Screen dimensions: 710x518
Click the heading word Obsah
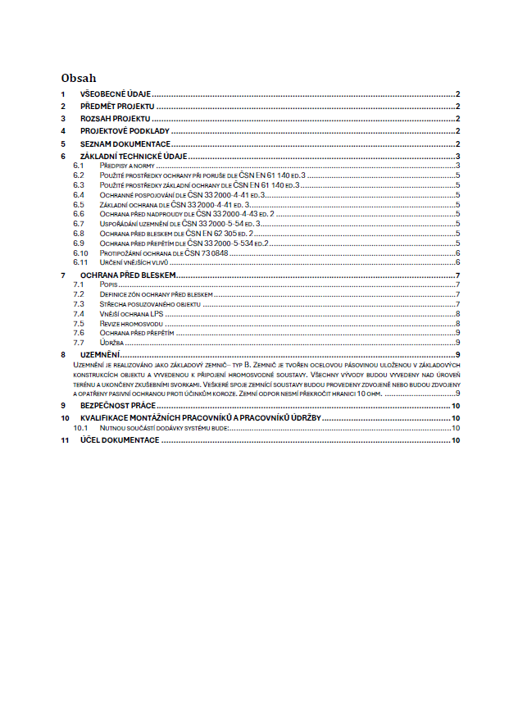[x=79, y=79]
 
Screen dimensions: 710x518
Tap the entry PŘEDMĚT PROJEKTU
[x=117, y=107]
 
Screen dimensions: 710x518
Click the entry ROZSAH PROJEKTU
[x=115, y=120]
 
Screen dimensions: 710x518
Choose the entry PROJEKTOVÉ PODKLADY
[x=124, y=131]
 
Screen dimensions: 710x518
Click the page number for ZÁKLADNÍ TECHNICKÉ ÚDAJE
[x=457, y=156]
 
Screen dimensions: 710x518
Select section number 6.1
[x=79, y=166]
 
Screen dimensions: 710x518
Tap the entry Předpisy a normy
[x=125, y=166]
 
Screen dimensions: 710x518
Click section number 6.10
[x=80, y=253]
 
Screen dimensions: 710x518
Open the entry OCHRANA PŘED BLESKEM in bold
[x=128, y=275]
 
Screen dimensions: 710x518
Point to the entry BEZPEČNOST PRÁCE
[x=117, y=406]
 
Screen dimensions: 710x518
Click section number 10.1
[x=80, y=428]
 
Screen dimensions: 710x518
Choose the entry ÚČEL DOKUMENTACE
[x=119, y=440]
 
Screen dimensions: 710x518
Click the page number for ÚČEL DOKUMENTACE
[x=456, y=440]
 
